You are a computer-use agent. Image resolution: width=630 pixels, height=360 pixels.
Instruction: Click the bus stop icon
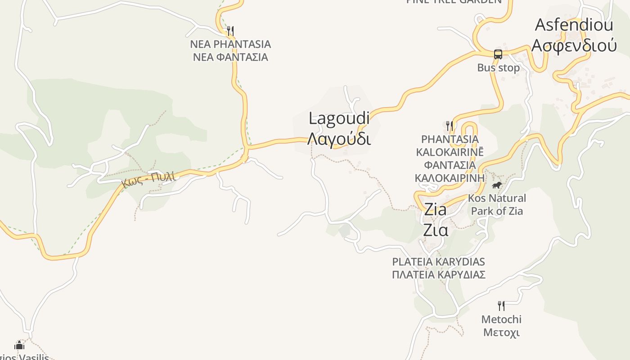(498, 54)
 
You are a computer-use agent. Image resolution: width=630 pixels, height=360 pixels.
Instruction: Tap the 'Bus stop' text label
(498, 68)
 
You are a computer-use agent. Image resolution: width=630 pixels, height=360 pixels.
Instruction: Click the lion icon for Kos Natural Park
(496, 185)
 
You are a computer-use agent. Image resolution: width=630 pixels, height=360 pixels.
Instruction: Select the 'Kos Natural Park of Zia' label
(497, 204)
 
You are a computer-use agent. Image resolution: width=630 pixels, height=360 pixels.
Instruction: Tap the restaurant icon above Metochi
(501, 306)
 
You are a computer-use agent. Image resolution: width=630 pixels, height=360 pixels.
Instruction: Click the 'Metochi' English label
(501, 319)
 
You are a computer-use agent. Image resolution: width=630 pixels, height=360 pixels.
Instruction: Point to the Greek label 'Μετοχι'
(501, 333)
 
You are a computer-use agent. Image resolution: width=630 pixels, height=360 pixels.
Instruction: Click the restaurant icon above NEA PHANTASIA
(230, 31)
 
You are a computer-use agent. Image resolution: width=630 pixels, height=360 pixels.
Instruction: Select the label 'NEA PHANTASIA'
(230, 44)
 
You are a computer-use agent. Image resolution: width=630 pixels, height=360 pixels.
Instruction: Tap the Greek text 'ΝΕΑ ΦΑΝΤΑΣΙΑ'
(230, 57)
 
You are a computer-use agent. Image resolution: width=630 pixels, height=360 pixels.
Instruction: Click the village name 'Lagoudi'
(340, 118)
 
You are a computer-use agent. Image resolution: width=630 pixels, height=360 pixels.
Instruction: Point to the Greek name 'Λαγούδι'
(340, 139)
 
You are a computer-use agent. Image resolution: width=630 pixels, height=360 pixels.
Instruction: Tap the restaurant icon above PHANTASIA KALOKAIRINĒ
(449, 125)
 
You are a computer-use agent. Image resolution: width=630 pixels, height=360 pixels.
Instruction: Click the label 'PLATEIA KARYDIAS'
(438, 261)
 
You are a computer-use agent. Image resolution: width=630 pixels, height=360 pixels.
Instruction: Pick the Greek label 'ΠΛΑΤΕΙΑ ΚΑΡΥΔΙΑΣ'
(438, 274)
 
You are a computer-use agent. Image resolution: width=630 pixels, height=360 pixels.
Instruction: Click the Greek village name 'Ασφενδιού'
(574, 45)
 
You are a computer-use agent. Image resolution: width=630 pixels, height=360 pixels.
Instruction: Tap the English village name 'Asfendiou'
(574, 25)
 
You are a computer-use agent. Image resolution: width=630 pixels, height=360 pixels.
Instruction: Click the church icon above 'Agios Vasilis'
(19, 345)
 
